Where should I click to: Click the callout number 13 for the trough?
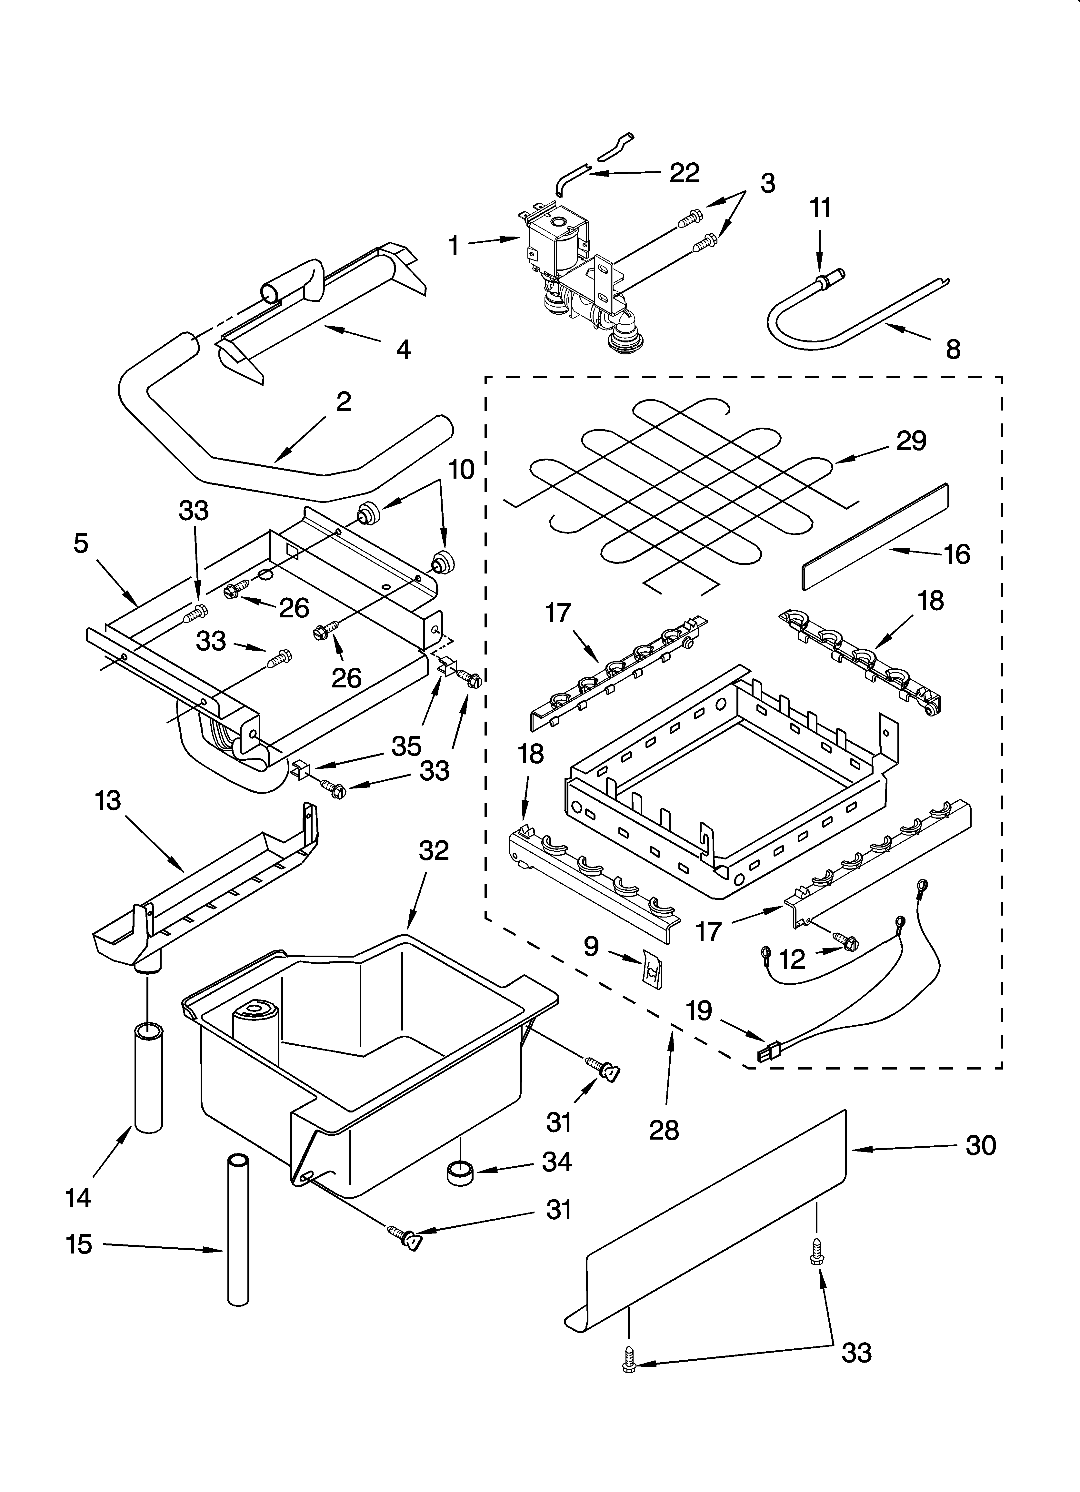[108, 801]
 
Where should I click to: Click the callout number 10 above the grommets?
[461, 470]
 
